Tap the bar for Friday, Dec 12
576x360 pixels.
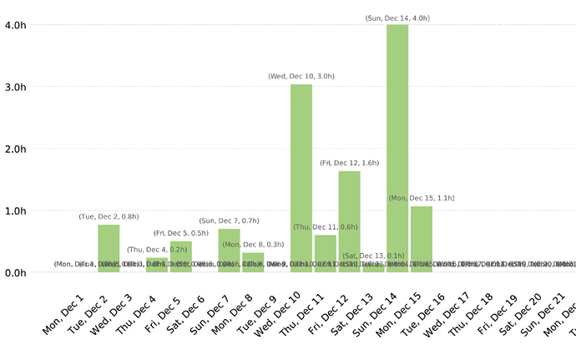click(x=349, y=221)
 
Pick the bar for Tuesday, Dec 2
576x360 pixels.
click(x=109, y=248)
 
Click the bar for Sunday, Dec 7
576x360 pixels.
click(x=229, y=251)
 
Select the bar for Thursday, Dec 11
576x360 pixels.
click(x=326, y=254)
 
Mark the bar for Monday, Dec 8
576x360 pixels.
click(x=253, y=262)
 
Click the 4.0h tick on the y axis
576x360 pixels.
click(x=18, y=25)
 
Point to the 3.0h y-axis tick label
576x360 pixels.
click(x=18, y=87)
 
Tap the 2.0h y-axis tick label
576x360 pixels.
click(x=18, y=149)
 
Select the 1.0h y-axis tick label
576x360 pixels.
click(x=18, y=210)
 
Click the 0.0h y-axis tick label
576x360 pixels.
click(x=18, y=272)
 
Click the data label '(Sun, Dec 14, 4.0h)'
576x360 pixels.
click(x=397, y=18)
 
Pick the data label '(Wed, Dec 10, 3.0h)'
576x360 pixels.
click(x=301, y=76)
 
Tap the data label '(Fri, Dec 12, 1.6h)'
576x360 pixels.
click(x=349, y=163)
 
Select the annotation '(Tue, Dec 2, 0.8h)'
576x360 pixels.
click(x=109, y=216)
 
